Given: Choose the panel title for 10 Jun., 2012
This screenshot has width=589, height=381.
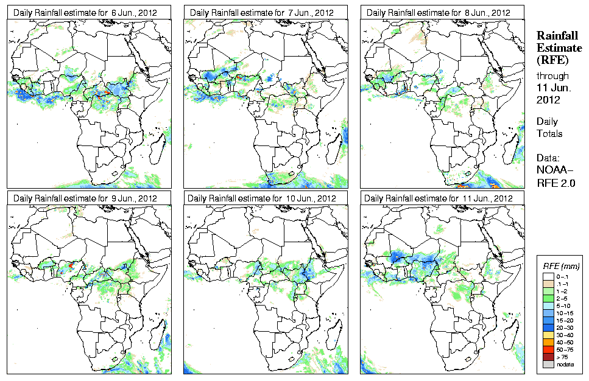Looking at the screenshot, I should [263, 198].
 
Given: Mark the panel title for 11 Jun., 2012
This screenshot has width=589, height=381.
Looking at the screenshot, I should [439, 198].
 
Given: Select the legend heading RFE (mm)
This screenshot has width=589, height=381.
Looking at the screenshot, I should [562, 267].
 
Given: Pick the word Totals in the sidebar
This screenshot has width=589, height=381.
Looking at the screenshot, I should [549, 133].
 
